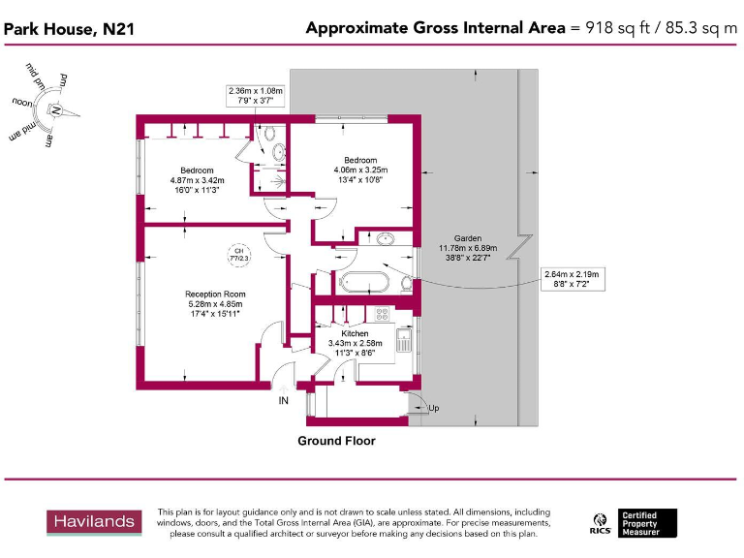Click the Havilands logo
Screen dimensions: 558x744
tap(93, 522)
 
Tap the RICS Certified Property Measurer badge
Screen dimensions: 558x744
tap(634, 523)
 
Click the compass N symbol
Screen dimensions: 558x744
tap(55, 108)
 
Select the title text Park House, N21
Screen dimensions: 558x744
tap(69, 29)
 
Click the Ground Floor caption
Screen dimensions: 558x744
tap(336, 441)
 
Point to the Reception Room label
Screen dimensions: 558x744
tap(215, 294)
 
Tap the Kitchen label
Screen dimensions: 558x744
tap(355, 333)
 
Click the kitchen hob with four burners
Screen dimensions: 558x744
tap(383, 314)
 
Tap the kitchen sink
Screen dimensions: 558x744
tap(408, 338)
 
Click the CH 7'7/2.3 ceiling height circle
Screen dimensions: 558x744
tap(238, 255)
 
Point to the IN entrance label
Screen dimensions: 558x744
tap(284, 400)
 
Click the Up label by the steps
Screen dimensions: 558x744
tap(433, 408)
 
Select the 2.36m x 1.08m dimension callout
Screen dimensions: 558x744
tap(251, 94)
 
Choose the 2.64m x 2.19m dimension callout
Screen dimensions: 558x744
tap(573, 280)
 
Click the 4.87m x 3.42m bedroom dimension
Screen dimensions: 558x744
tap(197, 180)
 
